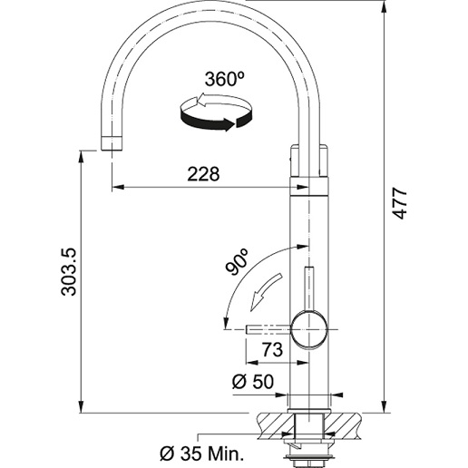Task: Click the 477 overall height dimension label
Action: click(x=400, y=203)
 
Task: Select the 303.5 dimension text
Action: click(x=69, y=272)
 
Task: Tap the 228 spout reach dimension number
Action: click(x=203, y=174)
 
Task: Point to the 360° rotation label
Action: click(x=224, y=79)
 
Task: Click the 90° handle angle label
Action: click(x=237, y=262)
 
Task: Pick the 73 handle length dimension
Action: click(x=272, y=350)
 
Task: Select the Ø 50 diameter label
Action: click(x=253, y=381)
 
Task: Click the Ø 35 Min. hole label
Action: click(x=201, y=453)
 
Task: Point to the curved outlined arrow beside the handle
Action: click(x=265, y=291)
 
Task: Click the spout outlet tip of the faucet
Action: click(x=112, y=143)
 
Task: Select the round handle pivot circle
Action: click(x=308, y=330)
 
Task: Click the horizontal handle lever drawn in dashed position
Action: click(x=268, y=329)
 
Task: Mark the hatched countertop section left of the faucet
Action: click(x=275, y=426)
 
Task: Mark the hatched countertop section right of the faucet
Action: click(x=342, y=426)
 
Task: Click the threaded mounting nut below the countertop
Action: click(x=308, y=460)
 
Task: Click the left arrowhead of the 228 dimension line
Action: click(x=118, y=187)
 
